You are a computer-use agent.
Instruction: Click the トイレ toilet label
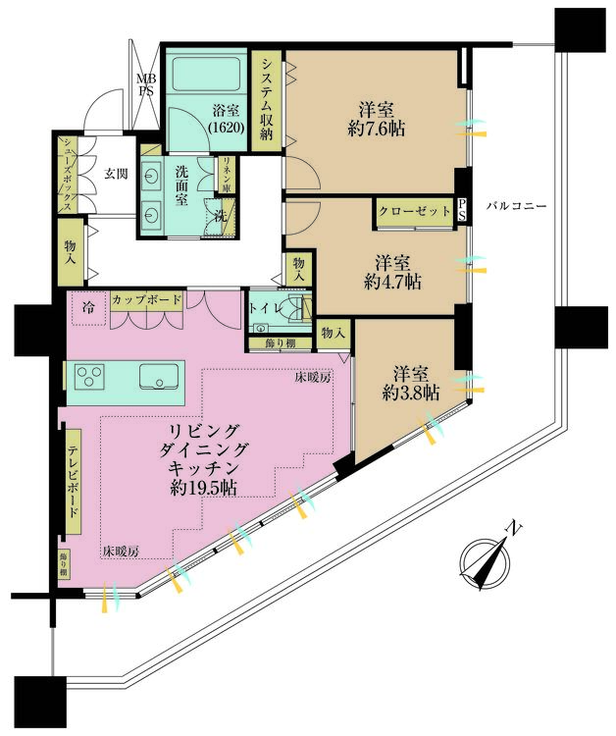coord(261,308)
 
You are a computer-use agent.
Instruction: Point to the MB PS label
coord(146,84)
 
